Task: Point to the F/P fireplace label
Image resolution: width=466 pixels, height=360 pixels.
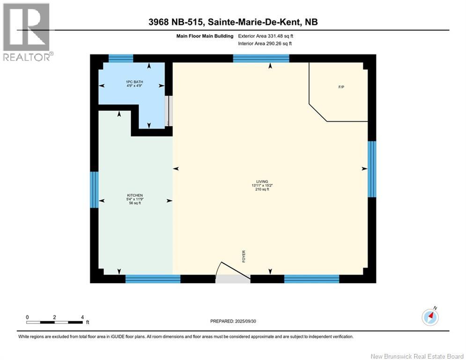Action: [341, 87]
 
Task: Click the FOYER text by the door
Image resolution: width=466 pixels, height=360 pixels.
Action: [244, 256]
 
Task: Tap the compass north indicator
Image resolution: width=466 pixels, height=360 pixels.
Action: [429, 317]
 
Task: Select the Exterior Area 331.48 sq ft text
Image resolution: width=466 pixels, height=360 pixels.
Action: [266, 36]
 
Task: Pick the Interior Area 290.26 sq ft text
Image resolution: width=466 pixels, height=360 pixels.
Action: [265, 44]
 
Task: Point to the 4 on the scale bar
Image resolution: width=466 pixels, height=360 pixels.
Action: [82, 317]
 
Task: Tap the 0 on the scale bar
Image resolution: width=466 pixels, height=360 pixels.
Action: [28, 317]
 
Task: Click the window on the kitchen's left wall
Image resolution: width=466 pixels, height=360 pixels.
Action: [94, 189]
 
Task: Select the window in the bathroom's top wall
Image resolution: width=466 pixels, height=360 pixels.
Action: [121, 59]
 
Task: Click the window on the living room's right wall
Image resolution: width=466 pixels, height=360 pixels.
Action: [372, 169]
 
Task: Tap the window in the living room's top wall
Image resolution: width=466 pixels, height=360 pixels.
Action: [261, 59]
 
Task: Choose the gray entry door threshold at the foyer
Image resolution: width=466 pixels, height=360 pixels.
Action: [233, 279]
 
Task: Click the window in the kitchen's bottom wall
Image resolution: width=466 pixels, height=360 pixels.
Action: [153, 279]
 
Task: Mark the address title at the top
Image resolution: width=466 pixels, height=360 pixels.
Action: [233, 22]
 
